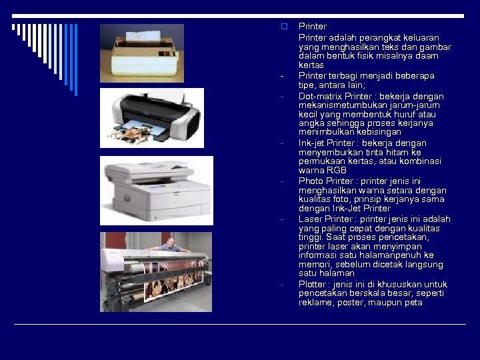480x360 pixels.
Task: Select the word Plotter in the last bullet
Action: (311, 285)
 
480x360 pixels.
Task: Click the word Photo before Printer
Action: (311, 181)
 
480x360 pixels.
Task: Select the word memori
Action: (313, 265)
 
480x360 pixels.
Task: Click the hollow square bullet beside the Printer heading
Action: (283, 27)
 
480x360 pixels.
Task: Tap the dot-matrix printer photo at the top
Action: (142, 53)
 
